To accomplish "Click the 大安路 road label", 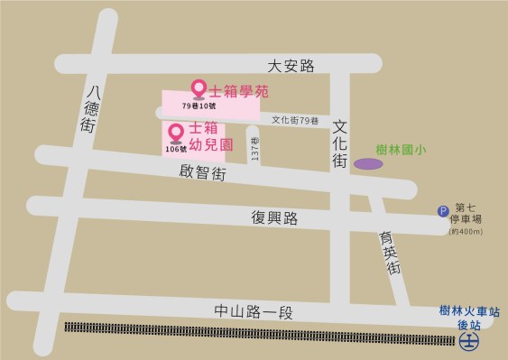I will pyautogui.click(x=291, y=65).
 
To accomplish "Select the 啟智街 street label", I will pyautogui.click(x=202, y=171).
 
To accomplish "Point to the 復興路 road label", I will pyautogui.click(x=274, y=217).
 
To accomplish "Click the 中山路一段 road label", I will pyautogui.click(x=255, y=312).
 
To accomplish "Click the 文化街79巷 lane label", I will pyautogui.click(x=295, y=120).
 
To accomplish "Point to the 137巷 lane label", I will pyautogui.click(x=255, y=150).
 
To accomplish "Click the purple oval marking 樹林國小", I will pyautogui.click(x=366, y=164).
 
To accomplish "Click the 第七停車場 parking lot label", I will pyautogui.click(x=468, y=213).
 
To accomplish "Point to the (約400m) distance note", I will pyautogui.click(x=466, y=232).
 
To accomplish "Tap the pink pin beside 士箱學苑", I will pyautogui.click(x=199, y=88).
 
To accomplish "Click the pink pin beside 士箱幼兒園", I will pyautogui.click(x=176, y=134).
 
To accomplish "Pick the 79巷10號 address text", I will pyautogui.click(x=199, y=107).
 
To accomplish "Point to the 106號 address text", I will pyautogui.click(x=176, y=150).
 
